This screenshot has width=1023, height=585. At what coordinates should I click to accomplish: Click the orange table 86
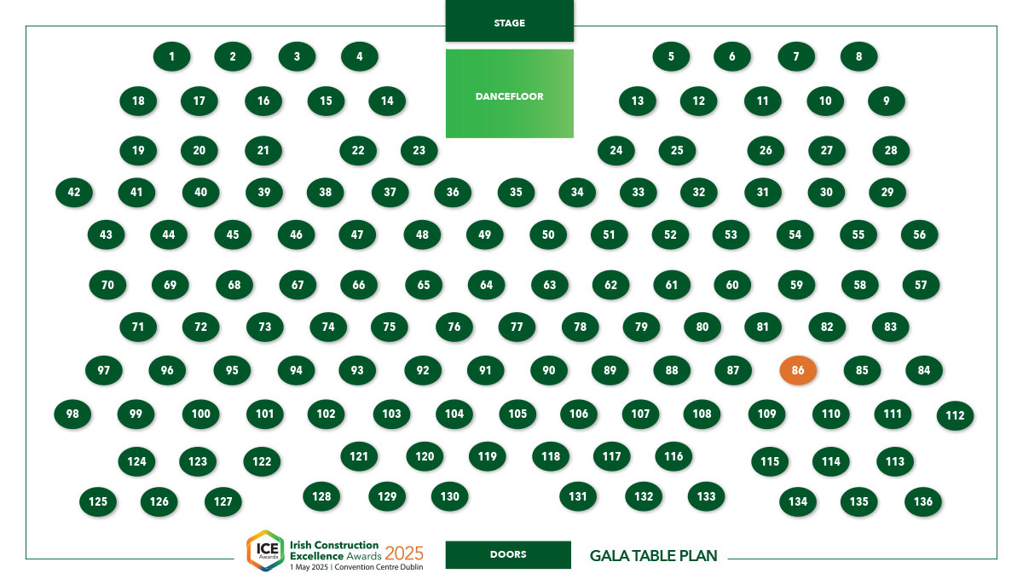[x=798, y=370]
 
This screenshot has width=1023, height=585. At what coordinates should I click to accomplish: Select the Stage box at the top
[x=509, y=21]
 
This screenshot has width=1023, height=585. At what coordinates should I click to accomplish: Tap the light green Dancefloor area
[x=509, y=94]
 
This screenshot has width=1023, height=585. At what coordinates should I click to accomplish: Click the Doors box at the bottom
[x=508, y=554]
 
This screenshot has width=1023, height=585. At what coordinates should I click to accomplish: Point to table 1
[x=171, y=56]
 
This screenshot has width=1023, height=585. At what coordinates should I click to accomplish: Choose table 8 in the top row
[x=858, y=56]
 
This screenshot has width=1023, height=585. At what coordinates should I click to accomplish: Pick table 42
[x=74, y=192]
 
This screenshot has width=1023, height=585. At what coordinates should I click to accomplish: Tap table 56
[x=919, y=235]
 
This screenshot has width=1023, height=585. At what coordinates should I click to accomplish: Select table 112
[x=955, y=415]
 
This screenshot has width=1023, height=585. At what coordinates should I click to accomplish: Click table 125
[x=98, y=501]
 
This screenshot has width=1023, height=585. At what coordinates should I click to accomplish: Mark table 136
[x=923, y=501]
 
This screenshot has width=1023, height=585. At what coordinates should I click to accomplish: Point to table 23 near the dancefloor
[x=419, y=150]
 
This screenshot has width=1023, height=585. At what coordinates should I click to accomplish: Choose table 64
[x=487, y=285]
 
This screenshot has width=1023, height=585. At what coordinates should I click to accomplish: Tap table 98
[x=72, y=414]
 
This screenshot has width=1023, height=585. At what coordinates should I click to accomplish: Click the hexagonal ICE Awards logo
[x=266, y=550]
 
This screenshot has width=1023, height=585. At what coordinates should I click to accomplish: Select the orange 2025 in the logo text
[x=404, y=553]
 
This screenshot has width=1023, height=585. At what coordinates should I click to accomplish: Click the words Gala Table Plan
[x=653, y=556]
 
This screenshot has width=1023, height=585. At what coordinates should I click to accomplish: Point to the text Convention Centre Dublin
[x=379, y=567]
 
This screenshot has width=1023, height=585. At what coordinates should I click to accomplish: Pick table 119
[x=488, y=456]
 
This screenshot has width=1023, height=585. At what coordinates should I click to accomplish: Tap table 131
[x=578, y=496]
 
